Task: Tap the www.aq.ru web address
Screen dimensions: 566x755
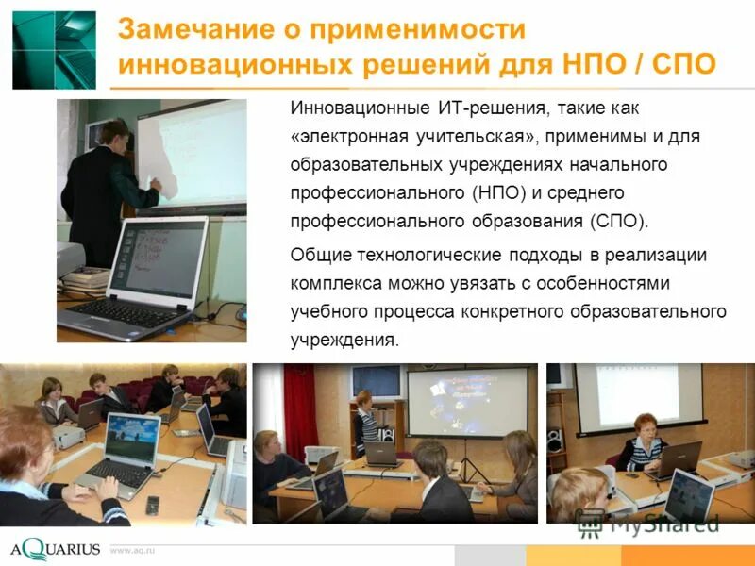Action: [x=132, y=549]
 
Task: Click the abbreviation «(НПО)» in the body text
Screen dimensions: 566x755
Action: [x=495, y=193]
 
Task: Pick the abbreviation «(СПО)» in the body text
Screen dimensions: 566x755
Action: [x=618, y=222]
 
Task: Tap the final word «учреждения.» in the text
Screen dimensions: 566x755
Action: [x=345, y=340]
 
